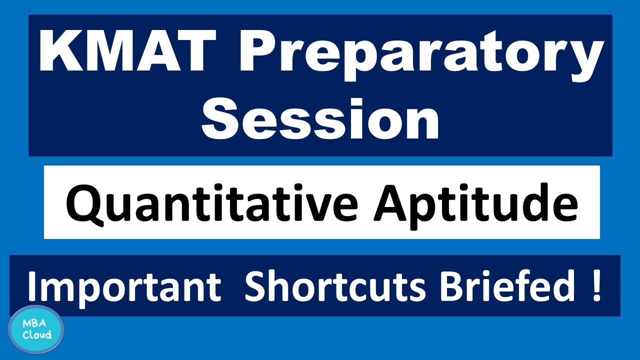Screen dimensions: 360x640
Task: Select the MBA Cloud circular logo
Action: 36,329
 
